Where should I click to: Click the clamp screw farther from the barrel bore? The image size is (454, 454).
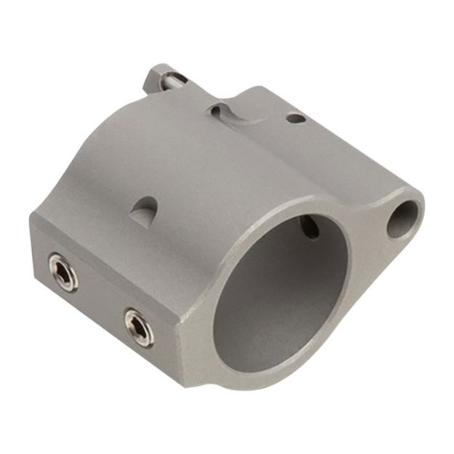click(61, 270)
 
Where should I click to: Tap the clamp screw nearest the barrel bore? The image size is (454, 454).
click(138, 326)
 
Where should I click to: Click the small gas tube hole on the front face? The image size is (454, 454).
click(403, 219)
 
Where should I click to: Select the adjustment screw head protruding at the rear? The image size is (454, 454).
click(160, 75)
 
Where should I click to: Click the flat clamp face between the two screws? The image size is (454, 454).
click(98, 298)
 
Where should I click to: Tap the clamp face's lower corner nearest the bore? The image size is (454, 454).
click(182, 381)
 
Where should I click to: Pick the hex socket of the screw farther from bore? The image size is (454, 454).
click(61, 270)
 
